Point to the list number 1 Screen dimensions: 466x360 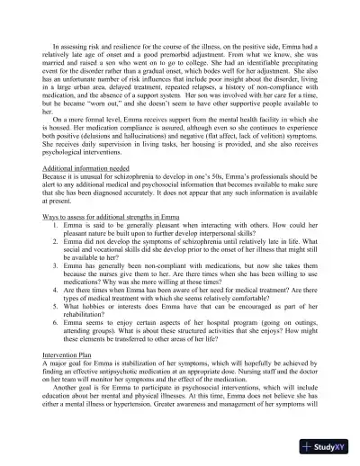coord(58,278)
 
